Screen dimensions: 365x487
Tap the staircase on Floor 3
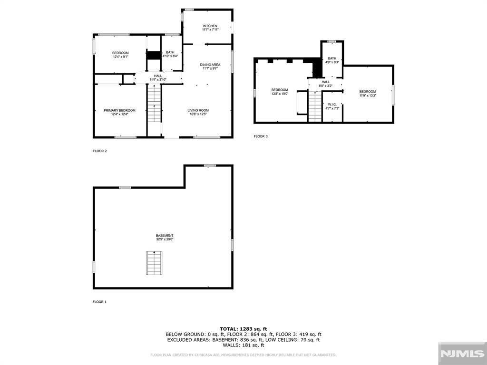click(315, 106)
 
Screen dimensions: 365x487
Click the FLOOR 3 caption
click(261, 136)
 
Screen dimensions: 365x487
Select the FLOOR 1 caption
click(99, 302)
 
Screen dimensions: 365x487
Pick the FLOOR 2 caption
click(99, 151)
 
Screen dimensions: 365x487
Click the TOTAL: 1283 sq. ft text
click(243, 329)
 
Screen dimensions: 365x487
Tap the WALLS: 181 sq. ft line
click(243, 345)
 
